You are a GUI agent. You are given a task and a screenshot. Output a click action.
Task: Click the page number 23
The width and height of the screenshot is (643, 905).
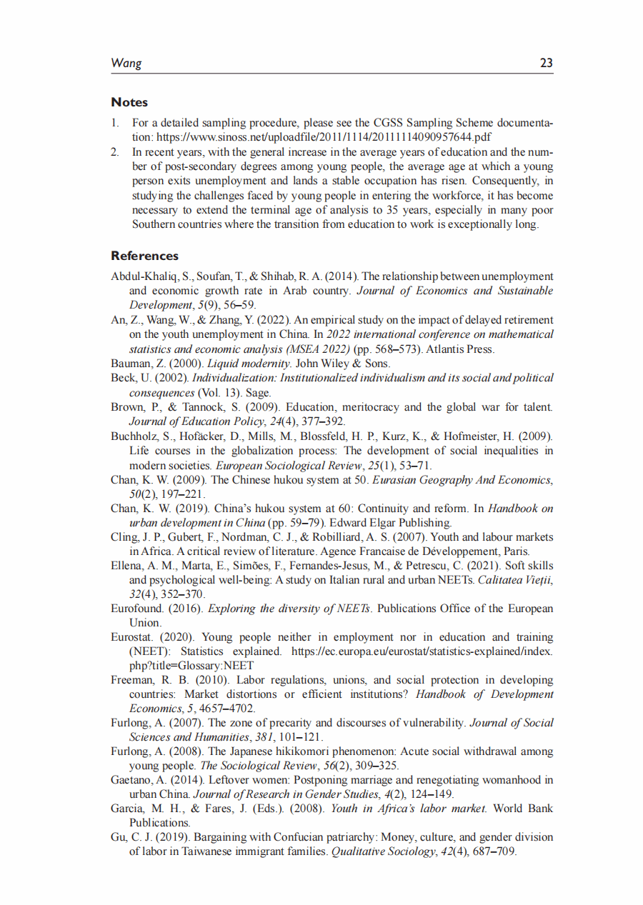tap(546, 63)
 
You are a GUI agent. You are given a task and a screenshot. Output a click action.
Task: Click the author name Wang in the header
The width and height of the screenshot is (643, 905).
tap(126, 63)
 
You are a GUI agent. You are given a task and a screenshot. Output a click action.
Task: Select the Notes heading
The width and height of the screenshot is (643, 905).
tap(129, 102)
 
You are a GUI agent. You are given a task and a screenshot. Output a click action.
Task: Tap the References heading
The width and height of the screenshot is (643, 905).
tap(144, 256)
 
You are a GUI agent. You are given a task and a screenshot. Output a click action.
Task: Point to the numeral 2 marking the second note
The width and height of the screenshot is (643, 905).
tap(114, 152)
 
